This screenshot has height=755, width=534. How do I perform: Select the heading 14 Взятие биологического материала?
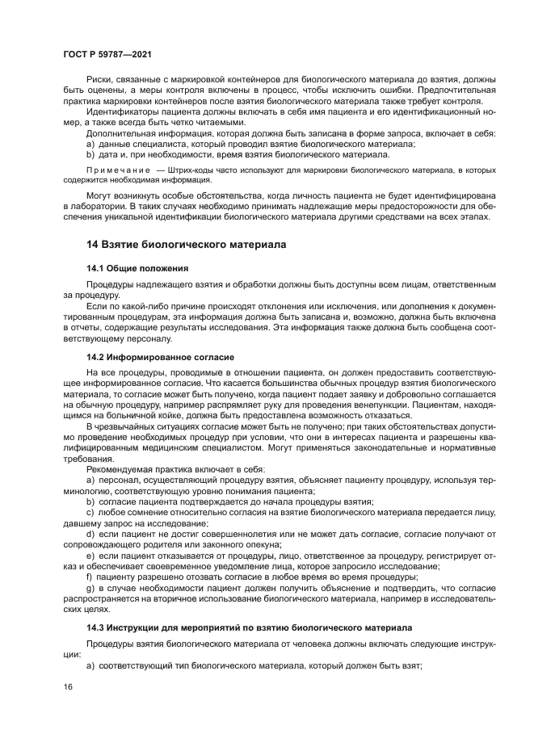point(187,243)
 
